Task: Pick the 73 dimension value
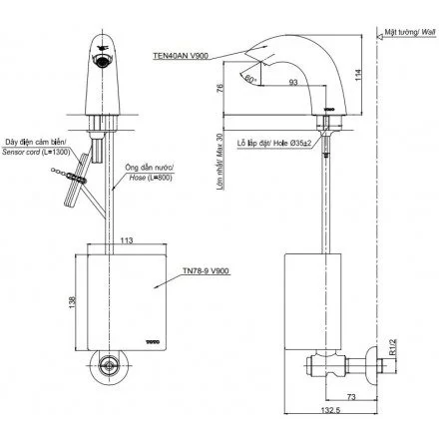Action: click(x=353, y=398)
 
